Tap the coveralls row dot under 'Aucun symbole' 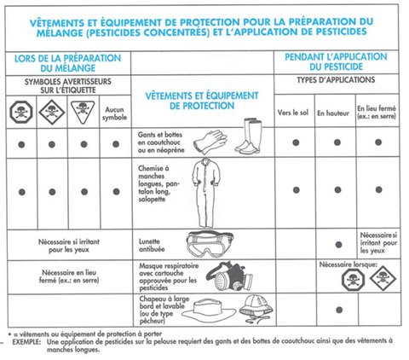115,189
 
